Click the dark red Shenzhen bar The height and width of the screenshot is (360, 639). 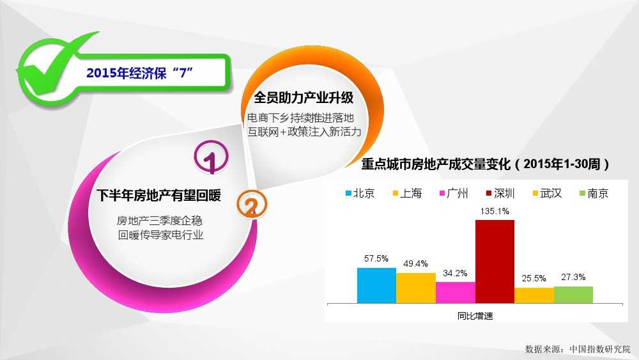click(495, 262)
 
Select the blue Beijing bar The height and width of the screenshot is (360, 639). click(376, 285)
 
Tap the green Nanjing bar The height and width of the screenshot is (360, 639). click(573, 295)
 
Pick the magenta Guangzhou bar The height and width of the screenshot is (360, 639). click(456, 292)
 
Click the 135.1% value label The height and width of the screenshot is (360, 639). click(495, 211)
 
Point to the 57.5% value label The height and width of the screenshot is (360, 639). click(376, 258)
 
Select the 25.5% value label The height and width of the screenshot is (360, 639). click(534, 278)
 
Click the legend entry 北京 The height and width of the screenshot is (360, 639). click(360, 193)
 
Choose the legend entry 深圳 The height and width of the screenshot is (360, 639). click(501, 193)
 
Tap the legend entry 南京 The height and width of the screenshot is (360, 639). click(594, 193)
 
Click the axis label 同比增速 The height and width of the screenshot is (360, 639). click(475, 316)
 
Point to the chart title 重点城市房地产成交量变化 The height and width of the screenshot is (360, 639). click(436, 164)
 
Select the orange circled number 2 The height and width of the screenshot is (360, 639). click(252, 205)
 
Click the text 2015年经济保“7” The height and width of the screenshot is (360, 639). click(139, 73)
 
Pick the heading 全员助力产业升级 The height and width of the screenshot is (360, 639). click(304, 98)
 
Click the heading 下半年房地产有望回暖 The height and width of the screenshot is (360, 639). click(159, 195)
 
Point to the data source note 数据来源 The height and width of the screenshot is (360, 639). click(578, 349)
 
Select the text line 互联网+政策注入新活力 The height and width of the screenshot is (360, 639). click(304, 132)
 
